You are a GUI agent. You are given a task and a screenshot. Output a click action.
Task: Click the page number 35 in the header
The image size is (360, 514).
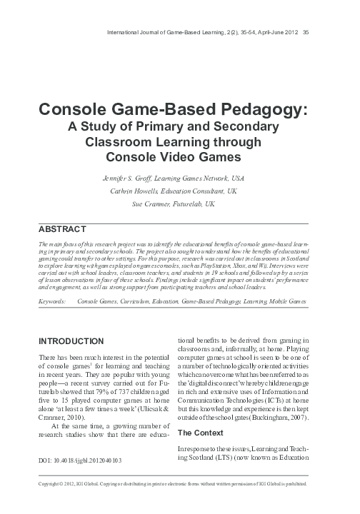pos(306,31)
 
